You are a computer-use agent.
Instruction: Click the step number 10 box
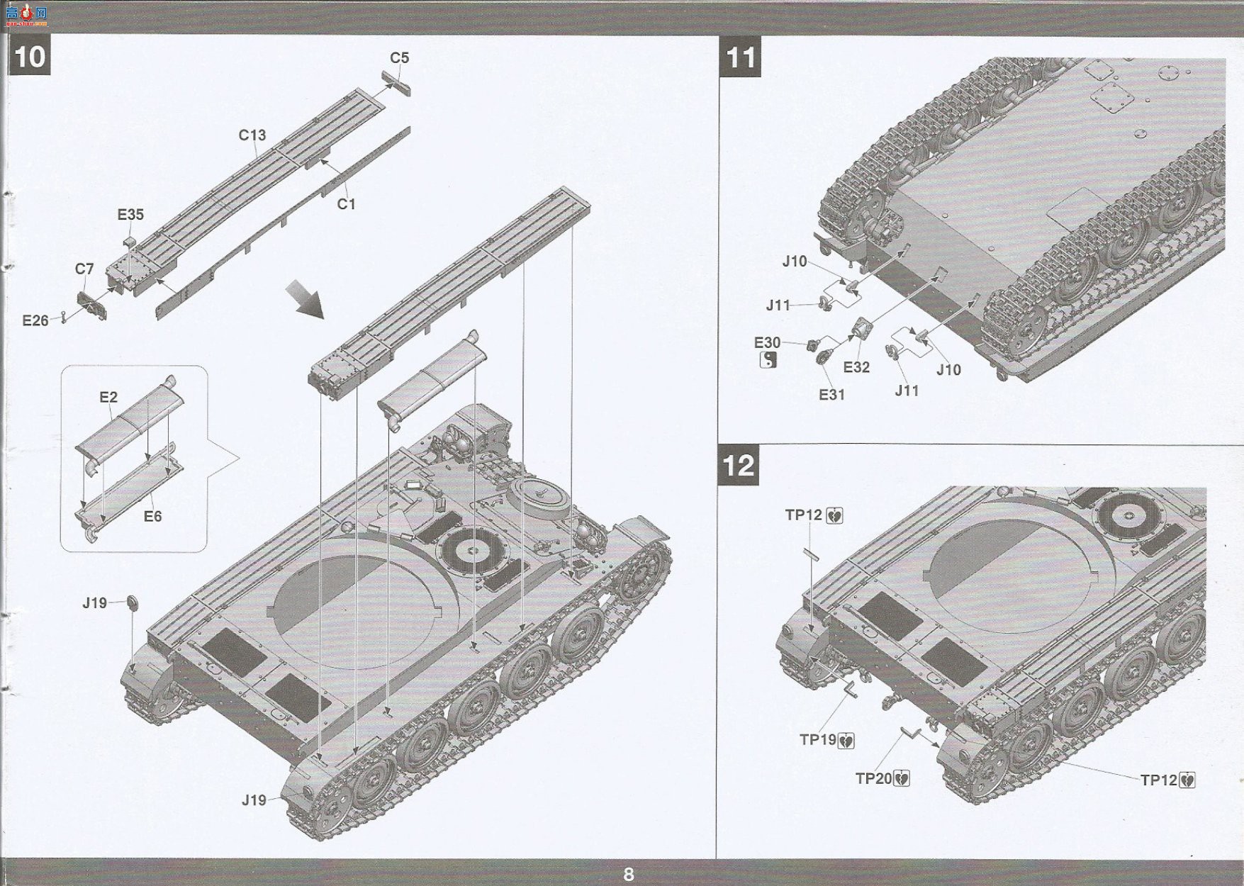[x=29, y=57]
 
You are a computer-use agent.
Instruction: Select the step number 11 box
[x=741, y=57]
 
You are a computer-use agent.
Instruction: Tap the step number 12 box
[x=739, y=466]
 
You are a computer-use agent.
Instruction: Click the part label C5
[x=400, y=58]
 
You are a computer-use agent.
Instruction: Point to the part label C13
[x=252, y=135]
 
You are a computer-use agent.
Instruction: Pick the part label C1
[x=346, y=204]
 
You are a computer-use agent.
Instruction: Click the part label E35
[x=130, y=214]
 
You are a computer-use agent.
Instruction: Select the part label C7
[x=84, y=269]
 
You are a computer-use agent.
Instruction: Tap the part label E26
[x=35, y=320]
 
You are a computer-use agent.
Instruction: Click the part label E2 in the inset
[x=108, y=397]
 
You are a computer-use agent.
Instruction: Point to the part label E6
[x=153, y=516]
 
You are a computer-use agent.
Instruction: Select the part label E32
[x=856, y=367]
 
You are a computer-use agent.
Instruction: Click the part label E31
[x=832, y=394]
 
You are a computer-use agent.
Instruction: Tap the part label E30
[x=767, y=343]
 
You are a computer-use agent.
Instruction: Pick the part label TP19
[x=818, y=740]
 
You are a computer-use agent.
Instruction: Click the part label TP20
[x=874, y=778]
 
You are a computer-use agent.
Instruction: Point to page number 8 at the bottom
[x=628, y=874]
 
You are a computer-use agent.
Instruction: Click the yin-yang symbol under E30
[x=768, y=361]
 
